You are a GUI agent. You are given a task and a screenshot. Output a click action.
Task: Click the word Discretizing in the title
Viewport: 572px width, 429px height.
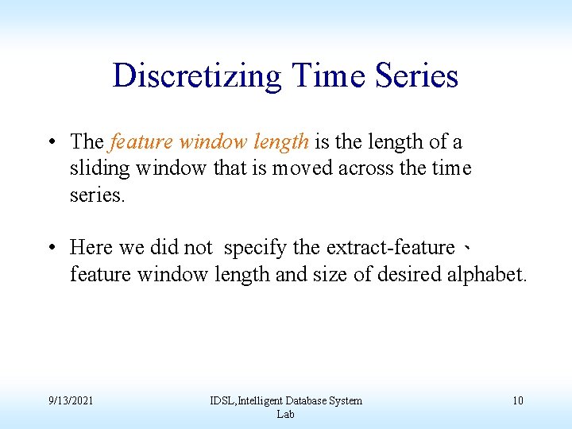[197, 76]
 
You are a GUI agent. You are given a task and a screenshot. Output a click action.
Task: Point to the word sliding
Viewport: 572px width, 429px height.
[100, 168]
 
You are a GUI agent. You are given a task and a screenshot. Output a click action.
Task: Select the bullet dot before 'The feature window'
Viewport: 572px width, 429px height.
[50, 143]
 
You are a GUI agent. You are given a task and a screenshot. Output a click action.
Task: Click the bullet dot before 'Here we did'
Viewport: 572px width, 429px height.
[50, 249]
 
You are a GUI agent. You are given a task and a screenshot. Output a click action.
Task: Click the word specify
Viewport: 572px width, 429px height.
[255, 248]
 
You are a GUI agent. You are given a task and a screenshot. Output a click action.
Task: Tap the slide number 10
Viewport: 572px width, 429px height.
[517, 400]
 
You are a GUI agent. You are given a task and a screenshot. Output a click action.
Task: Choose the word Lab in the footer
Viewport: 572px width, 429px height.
[285, 414]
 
